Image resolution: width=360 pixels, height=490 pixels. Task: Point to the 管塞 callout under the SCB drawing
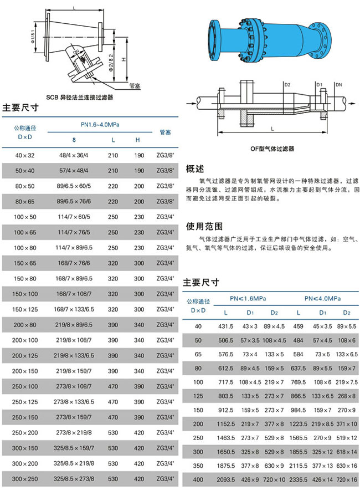135,86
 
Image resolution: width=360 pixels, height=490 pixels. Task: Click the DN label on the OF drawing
338,85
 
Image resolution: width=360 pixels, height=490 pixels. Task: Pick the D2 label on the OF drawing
287,85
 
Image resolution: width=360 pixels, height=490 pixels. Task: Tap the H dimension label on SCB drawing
125,60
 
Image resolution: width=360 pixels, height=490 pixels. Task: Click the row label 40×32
25,156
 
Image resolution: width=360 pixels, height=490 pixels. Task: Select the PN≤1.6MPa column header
248,298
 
